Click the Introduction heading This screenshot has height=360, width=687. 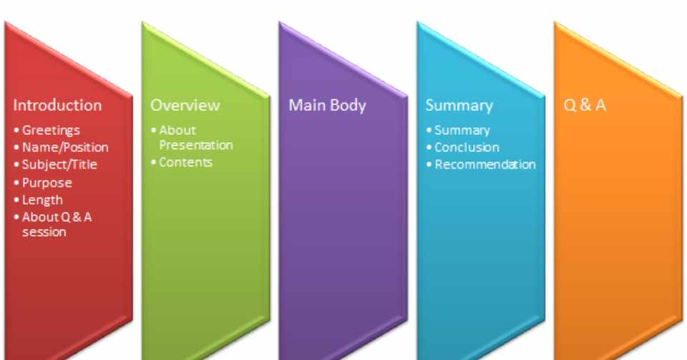57,105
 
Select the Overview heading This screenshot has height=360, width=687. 185,105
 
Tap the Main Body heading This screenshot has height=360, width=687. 327,105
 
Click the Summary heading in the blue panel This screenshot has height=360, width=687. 459,105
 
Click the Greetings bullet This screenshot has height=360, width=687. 50,130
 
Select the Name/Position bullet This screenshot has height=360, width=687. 64,147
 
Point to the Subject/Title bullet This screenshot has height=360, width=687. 59,165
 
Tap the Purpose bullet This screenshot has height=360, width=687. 47,183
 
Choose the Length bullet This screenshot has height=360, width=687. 42,200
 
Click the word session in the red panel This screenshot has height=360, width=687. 44,232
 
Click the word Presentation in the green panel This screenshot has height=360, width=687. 195,145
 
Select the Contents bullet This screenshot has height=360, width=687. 185,162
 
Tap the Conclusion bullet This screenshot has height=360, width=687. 467,147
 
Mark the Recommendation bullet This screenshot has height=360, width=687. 484,165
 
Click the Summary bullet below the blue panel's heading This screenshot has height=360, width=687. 462,130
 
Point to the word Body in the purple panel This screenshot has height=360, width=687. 347,105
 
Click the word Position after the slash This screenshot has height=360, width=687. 84,147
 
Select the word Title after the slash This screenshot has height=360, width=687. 83,165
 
